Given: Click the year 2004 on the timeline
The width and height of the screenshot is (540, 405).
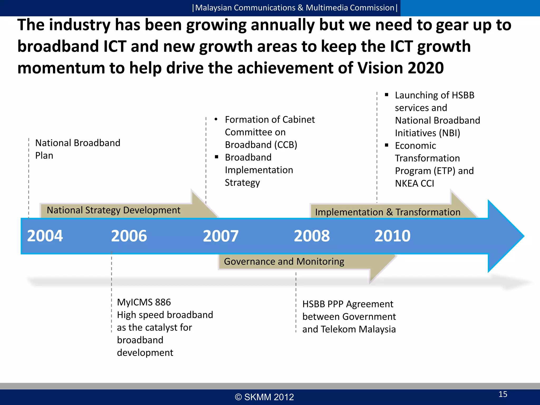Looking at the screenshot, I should pyautogui.click(x=45, y=236).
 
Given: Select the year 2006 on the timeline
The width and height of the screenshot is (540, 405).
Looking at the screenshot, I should pyautogui.click(x=129, y=236).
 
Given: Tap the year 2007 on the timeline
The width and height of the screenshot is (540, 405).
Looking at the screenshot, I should pyautogui.click(x=221, y=236).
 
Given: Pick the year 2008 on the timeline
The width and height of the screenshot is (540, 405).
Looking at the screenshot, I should pyautogui.click(x=312, y=236).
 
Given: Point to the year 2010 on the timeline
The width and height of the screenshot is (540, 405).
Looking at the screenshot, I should pyautogui.click(x=392, y=236).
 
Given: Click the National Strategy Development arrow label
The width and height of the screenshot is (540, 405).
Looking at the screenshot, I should pyautogui.click(x=113, y=210).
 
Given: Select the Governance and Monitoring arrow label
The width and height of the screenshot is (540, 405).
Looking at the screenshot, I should pyautogui.click(x=284, y=262).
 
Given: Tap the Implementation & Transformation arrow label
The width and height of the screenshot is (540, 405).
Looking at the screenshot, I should pyautogui.click(x=388, y=212).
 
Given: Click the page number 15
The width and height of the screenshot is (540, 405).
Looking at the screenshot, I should pyautogui.click(x=503, y=394).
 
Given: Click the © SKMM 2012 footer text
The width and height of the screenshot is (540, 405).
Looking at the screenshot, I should pyautogui.click(x=264, y=397).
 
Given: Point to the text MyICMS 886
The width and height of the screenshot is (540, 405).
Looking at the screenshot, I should pyautogui.click(x=144, y=302).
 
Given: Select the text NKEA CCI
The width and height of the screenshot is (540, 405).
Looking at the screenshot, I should pyautogui.click(x=414, y=184).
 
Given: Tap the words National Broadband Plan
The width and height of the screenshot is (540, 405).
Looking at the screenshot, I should pyautogui.click(x=78, y=149).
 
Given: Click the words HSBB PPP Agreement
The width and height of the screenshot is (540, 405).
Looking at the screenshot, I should pyautogui.click(x=348, y=304).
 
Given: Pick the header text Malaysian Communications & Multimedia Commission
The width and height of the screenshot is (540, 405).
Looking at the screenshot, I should pyautogui.click(x=295, y=8).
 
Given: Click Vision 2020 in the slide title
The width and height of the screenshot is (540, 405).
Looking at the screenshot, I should pyautogui.click(x=400, y=68).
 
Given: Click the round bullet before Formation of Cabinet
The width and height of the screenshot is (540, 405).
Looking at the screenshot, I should pyautogui.click(x=216, y=119).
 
